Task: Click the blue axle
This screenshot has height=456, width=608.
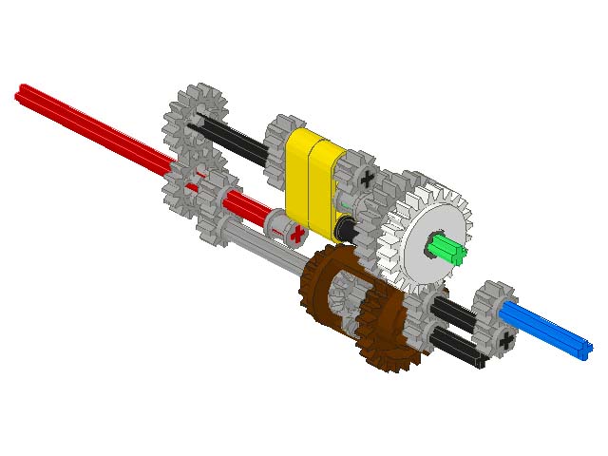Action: (545, 327)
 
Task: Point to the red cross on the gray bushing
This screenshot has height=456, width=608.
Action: (297, 233)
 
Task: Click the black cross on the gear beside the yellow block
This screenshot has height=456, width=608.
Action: (369, 178)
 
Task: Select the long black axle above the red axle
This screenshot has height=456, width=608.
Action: (233, 141)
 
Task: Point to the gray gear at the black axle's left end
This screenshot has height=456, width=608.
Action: (196, 119)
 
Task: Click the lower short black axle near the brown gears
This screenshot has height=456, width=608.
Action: (456, 346)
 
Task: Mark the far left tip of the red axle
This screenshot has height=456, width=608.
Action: (20, 92)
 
